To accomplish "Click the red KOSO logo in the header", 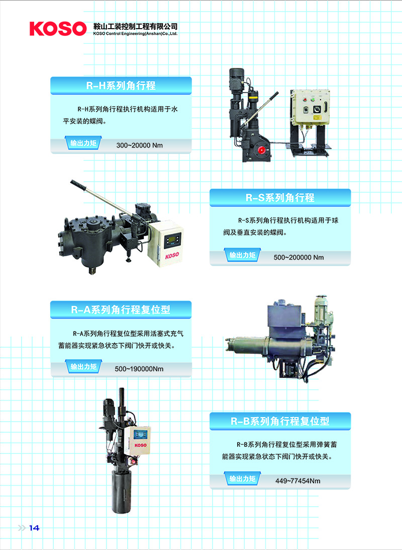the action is tap(58, 28).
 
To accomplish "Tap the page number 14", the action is tap(34, 528).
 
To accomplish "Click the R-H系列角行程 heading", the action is tap(121, 86).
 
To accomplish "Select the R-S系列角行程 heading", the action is tap(280, 197).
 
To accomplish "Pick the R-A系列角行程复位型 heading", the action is tap(121, 309).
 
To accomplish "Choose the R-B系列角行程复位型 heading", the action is tap(280, 421).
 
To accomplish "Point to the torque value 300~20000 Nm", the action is tap(139, 145).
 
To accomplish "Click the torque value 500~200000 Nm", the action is tap(298, 257).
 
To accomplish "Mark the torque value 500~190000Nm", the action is tap(139, 369).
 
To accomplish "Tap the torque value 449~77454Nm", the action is tap(297, 481).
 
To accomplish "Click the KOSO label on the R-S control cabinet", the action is tap(172, 255).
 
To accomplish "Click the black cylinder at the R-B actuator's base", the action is tap(121, 491).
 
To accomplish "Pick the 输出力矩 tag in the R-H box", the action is tap(83, 143).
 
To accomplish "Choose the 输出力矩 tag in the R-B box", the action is tap(242, 479).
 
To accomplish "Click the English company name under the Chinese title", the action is tap(136, 34).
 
